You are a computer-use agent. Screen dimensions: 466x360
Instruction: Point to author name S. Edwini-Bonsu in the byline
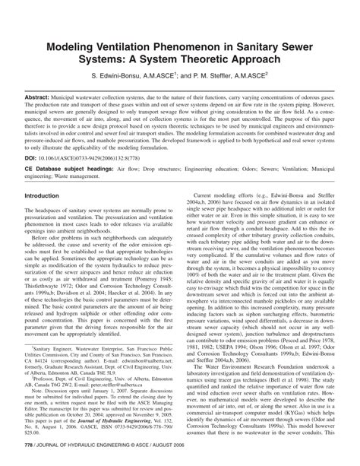[122, 78]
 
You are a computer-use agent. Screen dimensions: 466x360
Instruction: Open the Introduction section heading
[46, 195]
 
